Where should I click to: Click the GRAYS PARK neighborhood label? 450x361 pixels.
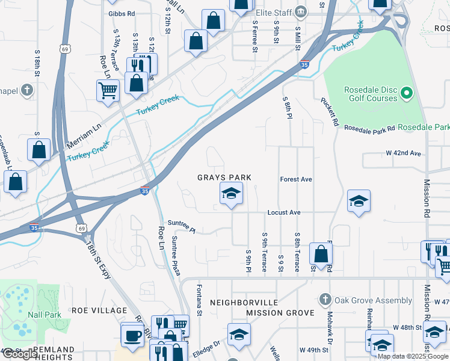tap(224, 177)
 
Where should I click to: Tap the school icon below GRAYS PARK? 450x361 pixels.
tap(231, 194)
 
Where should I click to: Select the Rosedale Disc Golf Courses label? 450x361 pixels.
tap(369, 94)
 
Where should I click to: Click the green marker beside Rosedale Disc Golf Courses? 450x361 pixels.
tap(407, 93)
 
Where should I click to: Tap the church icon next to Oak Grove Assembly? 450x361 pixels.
tap(325, 300)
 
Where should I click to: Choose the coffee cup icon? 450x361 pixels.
tap(132, 335)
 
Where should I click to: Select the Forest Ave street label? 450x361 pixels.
tap(296, 179)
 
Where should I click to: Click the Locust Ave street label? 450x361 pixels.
tap(284, 213)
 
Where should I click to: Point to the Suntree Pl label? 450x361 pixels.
tap(182, 226)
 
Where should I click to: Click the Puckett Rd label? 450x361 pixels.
tap(329, 111)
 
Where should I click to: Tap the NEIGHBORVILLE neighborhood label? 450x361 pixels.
tap(244, 302)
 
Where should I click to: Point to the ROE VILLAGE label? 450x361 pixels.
tap(99, 310)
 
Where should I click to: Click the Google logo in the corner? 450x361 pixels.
tap(20, 354)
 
